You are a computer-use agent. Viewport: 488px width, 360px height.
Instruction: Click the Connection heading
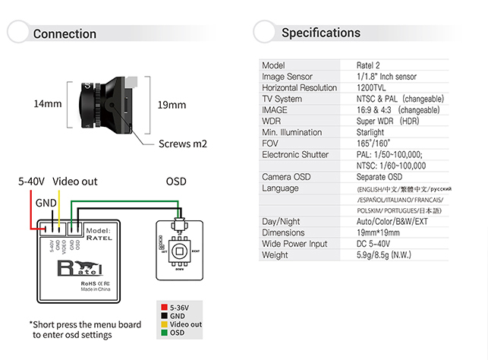(x=65, y=33)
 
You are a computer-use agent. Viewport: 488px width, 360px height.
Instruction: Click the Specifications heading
(x=321, y=33)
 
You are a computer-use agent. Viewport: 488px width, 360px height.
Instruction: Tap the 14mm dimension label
(x=47, y=104)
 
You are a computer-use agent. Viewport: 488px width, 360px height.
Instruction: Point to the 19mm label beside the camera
(x=172, y=105)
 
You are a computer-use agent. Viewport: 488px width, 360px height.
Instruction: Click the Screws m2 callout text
(x=183, y=143)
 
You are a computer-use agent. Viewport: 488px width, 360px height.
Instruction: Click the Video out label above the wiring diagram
(x=74, y=182)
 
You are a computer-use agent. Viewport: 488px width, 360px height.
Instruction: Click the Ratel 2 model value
(x=370, y=65)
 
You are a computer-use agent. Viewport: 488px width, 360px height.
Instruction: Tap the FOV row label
(x=272, y=143)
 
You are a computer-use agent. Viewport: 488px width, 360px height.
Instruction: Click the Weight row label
(x=276, y=254)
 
